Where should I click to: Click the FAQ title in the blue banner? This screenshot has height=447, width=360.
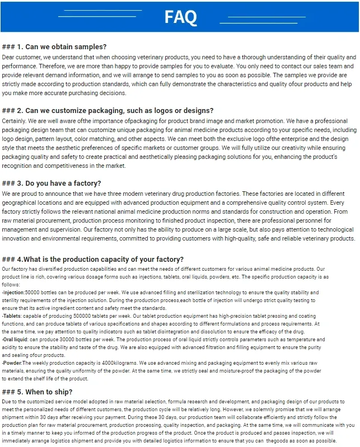[180, 17]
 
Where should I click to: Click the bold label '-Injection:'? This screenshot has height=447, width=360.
[13, 293]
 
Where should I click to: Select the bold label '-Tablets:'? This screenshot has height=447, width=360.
[12, 316]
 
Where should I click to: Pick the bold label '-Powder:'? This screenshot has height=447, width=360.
[12, 363]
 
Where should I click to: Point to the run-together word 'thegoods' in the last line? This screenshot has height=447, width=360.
[287, 441]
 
